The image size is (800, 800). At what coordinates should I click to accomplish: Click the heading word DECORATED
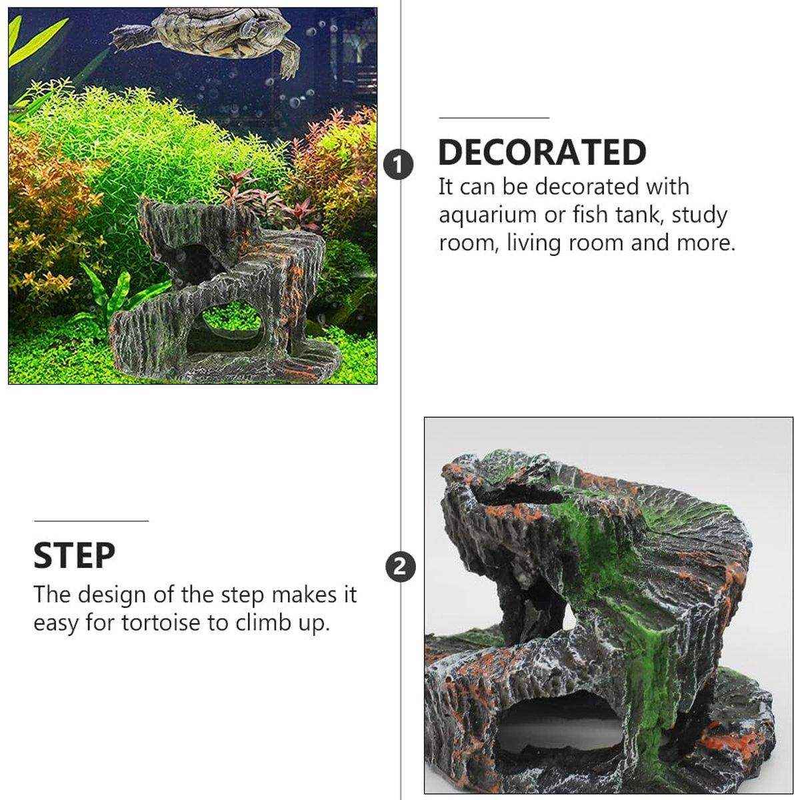[542, 152]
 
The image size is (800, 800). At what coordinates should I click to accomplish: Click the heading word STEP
[75, 555]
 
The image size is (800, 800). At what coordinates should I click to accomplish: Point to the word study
[700, 215]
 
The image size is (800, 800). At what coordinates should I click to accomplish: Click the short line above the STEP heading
[91, 521]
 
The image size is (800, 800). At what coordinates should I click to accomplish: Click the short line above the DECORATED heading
[493, 117]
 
